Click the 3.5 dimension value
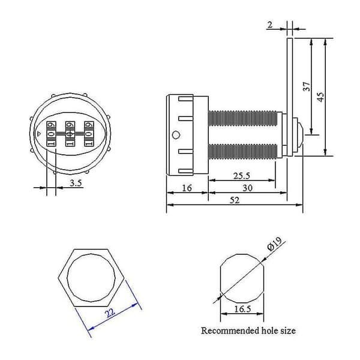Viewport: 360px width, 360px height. (76, 183)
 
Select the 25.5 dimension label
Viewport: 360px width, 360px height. (242, 176)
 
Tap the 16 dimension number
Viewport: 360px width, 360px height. (187, 188)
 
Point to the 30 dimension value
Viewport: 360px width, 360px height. (247, 188)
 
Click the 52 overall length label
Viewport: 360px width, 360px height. (235, 200)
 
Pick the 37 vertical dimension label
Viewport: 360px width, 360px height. (307, 86)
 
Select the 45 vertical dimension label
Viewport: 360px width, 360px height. (320, 97)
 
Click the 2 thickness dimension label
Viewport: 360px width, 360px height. (270, 25)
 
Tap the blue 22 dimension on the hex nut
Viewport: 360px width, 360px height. (110, 313)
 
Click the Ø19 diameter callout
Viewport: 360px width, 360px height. (275, 244)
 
